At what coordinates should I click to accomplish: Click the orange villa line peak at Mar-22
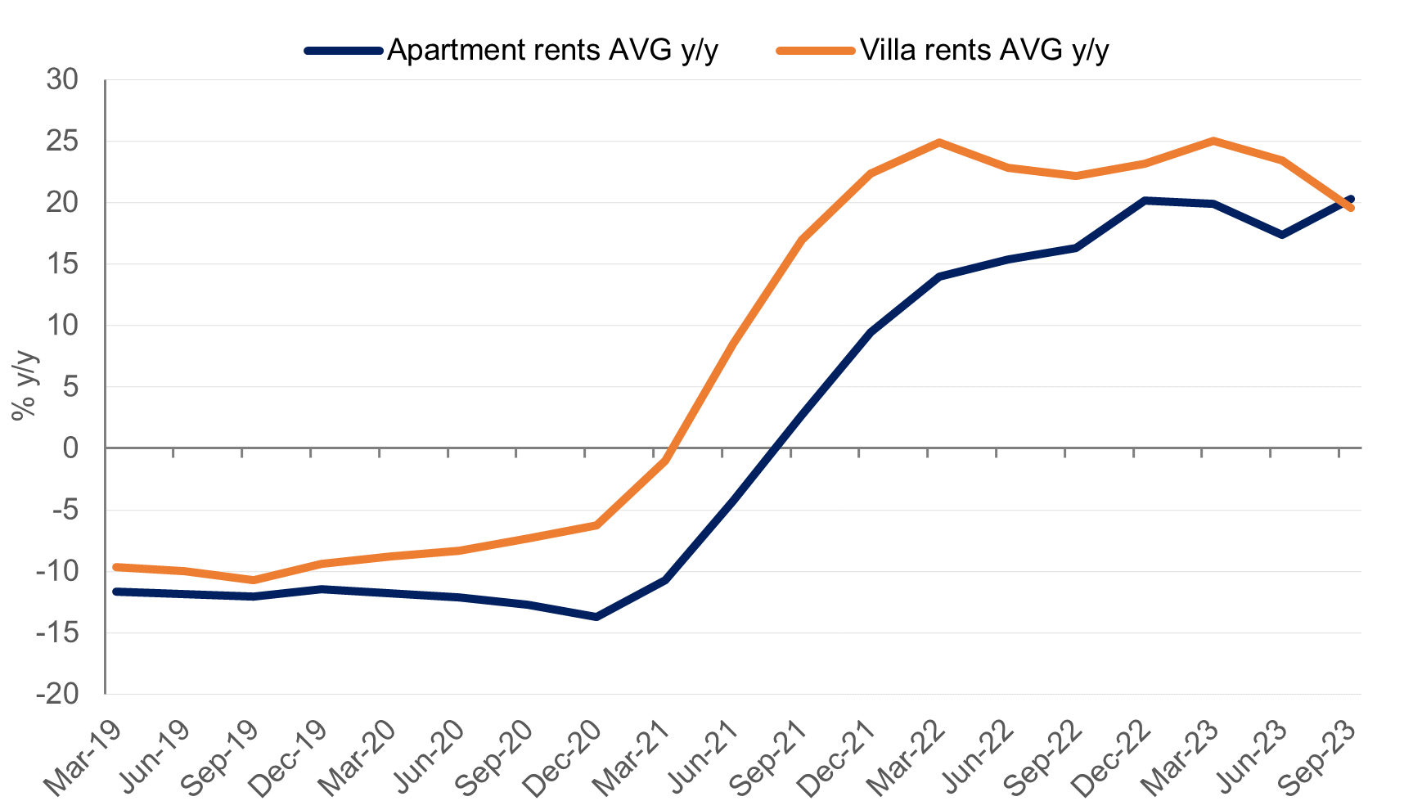point(939,142)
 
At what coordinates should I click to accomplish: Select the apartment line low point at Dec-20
point(596,617)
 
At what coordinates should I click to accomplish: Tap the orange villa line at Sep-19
point(254,579)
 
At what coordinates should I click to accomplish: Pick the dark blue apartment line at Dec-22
point(1145,200)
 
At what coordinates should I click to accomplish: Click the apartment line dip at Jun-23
point(1282,235)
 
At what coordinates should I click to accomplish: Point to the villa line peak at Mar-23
point(1213,141)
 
